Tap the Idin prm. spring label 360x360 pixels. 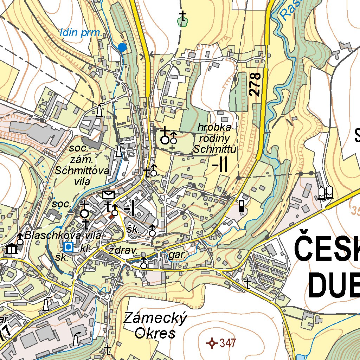81,34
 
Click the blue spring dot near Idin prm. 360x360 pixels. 122,47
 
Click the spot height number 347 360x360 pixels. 227,343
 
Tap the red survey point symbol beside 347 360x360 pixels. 212,343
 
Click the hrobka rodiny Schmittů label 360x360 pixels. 215,138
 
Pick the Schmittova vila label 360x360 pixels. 82,171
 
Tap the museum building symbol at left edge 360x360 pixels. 12,249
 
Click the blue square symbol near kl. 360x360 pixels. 69,247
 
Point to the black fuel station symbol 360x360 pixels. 242,206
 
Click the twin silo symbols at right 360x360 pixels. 326,192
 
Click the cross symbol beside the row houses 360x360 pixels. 249,283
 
